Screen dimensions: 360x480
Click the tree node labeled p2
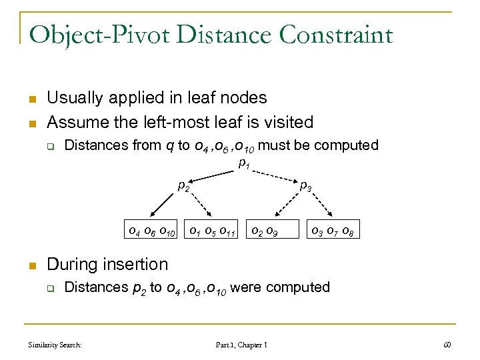click(x=183, y=186)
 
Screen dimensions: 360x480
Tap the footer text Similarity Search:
click(x=55, y=345)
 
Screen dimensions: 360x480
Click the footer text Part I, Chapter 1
click(x=241, y=345)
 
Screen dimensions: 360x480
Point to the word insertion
click(x=135, y=264)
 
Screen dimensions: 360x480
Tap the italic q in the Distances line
click(x=169, y=146)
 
